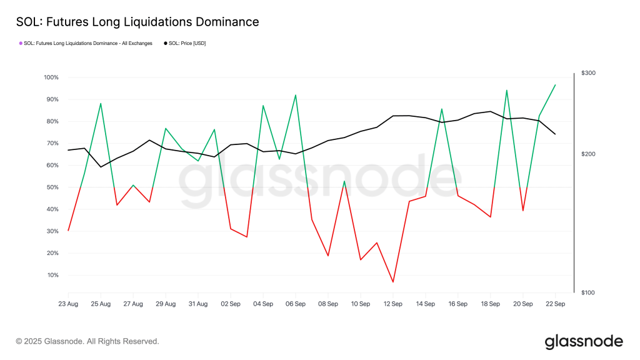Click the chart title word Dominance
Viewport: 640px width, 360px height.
coord(224,22)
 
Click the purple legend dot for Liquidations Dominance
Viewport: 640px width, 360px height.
coord(21,43)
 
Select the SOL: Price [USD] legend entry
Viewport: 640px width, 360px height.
coord(184,43)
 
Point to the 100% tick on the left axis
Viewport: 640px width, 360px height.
coord(51,77)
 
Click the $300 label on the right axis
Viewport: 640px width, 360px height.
coord(588,73)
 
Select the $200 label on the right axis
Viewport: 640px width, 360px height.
coord(588,154)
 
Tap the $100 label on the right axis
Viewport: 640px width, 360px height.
coord(588,292)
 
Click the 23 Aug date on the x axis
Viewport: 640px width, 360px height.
coord(68,304)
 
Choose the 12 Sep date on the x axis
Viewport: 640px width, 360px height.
coord(392,304)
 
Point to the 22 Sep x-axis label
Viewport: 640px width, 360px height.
coord(555,304)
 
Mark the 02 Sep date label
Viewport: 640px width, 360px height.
coord(231,304)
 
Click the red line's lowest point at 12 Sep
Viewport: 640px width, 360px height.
coord(393,282)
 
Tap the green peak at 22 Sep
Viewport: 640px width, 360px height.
coord(555,85)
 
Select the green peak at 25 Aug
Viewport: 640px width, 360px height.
coord(101,103)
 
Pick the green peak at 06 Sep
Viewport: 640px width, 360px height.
coord(296,95)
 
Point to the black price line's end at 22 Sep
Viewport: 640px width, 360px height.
coord(555,134)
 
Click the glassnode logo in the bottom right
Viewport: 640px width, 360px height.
coord(583,341)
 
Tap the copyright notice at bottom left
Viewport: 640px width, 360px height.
coord(87,341)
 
